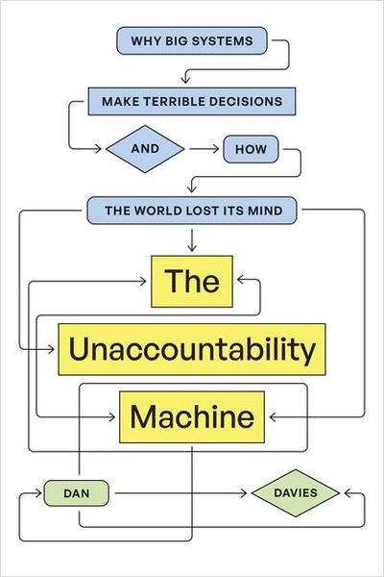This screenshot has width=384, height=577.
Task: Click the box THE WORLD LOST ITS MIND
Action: coord(192,209)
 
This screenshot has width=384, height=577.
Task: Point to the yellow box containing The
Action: coord(192,281)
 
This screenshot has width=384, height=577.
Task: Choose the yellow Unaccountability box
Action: coord(192,350)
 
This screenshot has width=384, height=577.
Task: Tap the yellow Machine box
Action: coord(192,418)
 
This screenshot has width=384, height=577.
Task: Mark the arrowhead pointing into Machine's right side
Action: coord(272,418)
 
